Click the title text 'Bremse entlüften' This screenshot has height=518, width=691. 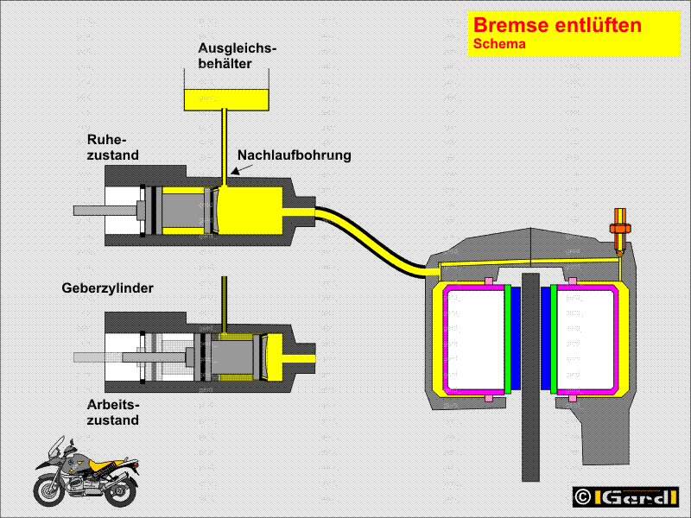tap(557, 25)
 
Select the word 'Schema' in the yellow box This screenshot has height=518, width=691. tap(499, 44)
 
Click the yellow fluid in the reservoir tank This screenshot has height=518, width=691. tap(226, 98)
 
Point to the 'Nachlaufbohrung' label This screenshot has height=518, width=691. tap(294, 155)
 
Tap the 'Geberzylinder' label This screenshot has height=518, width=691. tap(107, 288)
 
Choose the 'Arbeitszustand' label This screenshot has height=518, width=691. tap(112, 412)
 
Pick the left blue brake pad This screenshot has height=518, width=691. tap(517, 338)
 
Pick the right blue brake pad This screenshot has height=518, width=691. tap(545, 338)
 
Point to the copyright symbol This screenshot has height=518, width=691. tap(583, 498)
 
